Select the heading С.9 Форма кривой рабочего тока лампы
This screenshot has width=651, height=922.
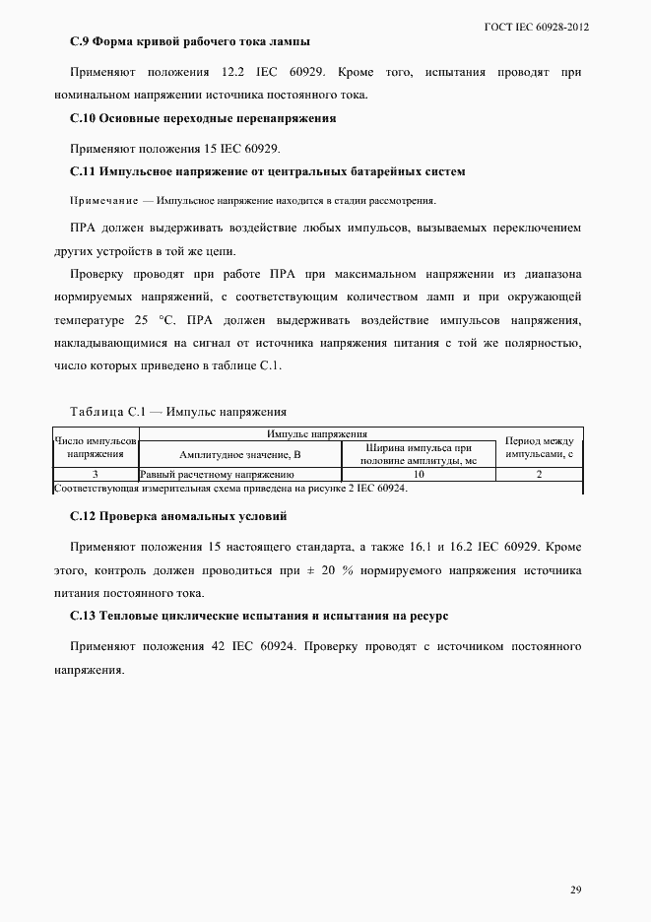(191, 42)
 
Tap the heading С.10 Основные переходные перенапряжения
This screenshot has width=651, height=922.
(204, 118)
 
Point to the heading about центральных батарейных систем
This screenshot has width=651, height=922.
(268, 171)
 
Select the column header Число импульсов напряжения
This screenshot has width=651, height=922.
(96, 447)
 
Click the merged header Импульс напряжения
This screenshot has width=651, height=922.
(317, 433)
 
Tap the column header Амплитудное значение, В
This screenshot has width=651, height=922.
(239, 454)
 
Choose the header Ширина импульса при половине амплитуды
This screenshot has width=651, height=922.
(419, 454)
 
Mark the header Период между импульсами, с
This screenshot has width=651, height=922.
(539, 447)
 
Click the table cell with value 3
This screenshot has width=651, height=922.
(96, 474)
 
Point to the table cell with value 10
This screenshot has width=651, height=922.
(419, 474)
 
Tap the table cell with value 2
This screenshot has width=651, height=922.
(539, 474)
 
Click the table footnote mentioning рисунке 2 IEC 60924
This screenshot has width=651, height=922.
(230, 488)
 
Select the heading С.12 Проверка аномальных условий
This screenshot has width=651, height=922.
(179, 517)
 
